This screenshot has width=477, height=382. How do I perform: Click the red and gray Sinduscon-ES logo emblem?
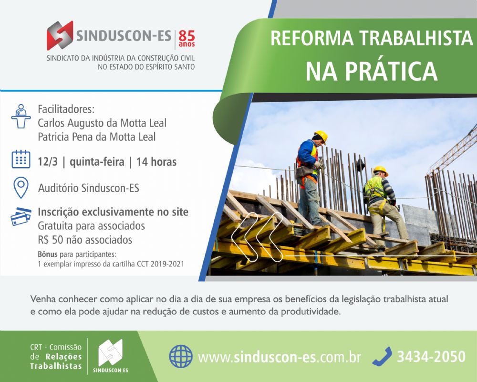coord(60,35)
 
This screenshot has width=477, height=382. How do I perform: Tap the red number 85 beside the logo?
coord(187,36)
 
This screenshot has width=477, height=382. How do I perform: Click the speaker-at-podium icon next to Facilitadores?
coord(21,116)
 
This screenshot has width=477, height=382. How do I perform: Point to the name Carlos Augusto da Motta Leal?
coord(102,123)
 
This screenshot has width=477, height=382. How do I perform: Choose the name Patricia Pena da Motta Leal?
coord(96,137)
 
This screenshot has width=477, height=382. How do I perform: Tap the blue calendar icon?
coord(21,159)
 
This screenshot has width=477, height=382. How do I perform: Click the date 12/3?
coord(47,162)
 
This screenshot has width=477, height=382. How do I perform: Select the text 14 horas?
coord(156,162)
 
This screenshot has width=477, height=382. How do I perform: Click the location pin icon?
coord(21,188)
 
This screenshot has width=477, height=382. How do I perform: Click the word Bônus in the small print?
coord(48,254)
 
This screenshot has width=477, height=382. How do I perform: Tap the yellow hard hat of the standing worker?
coord(321,136)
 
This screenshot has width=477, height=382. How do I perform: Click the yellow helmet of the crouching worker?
coord(381,170)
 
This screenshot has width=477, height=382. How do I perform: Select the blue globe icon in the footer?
coord(181,356)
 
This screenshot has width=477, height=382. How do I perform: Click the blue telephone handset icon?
coord(383,356)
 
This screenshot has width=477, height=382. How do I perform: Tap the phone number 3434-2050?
coord(431,356)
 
